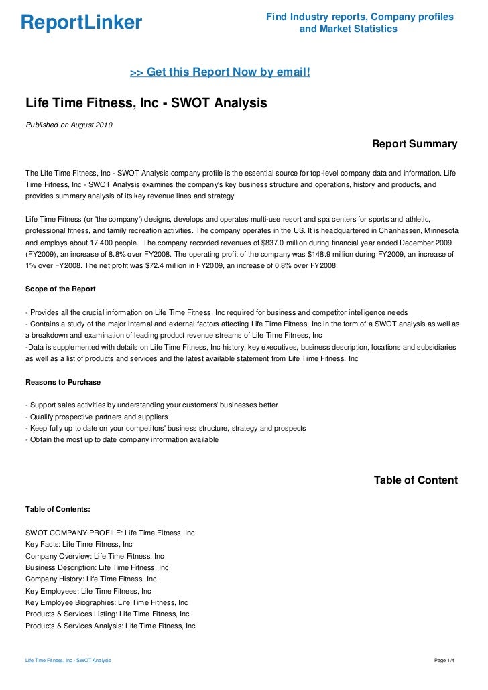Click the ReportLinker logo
point(81,23)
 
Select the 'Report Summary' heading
point(414,144)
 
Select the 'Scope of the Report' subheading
point(60,289)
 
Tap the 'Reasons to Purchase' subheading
point(63,382)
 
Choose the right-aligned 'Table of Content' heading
point(416,480)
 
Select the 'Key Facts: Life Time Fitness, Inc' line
point(79,544)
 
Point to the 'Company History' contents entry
point(91,579)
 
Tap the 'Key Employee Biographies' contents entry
point(107,602)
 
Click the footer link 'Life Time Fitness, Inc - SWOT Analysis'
point(68,660)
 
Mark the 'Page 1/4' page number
point(445,660)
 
